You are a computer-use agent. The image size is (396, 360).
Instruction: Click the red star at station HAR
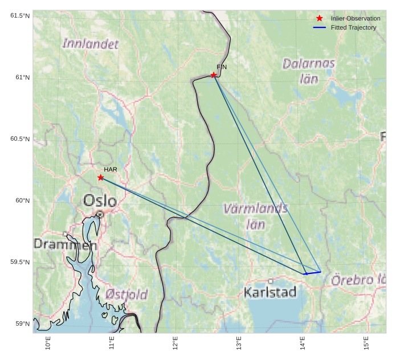[101, 178]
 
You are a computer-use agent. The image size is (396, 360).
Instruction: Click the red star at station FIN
[214, 75]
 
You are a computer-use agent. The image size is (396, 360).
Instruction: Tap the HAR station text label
[111, 170]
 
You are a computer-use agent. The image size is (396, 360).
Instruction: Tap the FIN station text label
[222, 67]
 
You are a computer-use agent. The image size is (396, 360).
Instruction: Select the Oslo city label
[100, 201]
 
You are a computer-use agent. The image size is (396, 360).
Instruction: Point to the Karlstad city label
[270, 293]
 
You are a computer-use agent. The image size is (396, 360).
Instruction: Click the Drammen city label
[65, 245]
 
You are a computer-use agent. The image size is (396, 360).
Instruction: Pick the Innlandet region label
[91, 44]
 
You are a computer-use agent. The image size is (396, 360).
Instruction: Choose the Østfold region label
[126, 294]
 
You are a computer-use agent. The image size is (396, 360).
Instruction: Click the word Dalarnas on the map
[309, 63]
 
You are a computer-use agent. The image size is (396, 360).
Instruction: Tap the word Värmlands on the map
[255, 208]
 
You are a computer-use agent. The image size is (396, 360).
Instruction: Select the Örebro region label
[358, 280]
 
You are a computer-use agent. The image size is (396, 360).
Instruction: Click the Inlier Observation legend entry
[355, 19]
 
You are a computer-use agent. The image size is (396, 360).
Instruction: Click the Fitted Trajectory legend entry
[353, 27]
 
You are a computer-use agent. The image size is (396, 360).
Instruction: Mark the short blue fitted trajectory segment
[312, 273]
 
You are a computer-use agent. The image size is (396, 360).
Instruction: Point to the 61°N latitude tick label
[20, 77]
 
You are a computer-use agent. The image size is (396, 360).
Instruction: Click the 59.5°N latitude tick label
[20, 262]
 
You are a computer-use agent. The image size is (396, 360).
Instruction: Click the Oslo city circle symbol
[100, 214]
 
